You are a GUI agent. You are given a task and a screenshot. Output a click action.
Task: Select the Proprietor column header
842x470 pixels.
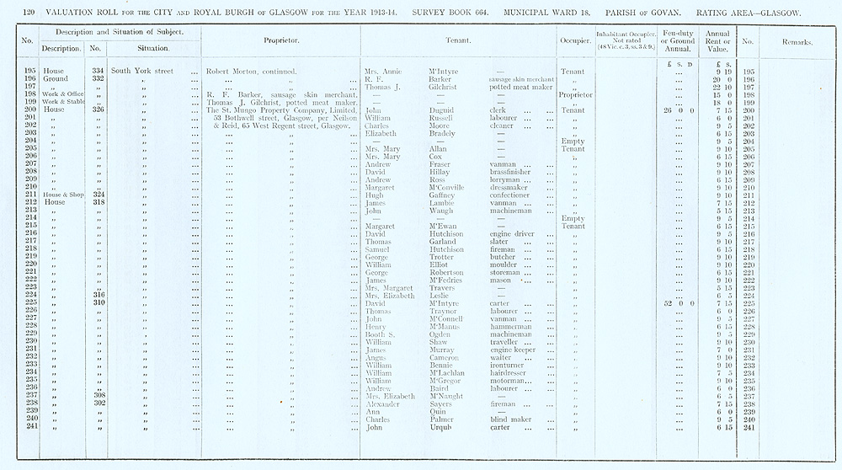[x=277, y=40]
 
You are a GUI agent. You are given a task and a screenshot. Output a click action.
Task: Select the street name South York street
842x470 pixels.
[x=142, y=72]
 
